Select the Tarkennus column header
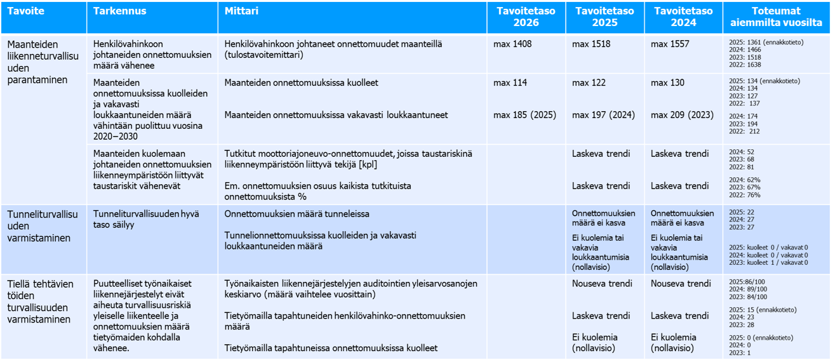119,11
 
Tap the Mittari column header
241,11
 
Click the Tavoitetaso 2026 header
526,17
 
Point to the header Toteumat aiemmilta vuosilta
776,17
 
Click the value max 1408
512,44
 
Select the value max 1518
591,44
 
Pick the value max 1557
670,44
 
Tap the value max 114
510,83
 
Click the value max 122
589,83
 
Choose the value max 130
667,83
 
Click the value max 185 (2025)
524,115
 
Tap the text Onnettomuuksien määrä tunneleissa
297,214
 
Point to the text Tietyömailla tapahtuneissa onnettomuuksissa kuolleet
331,348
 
